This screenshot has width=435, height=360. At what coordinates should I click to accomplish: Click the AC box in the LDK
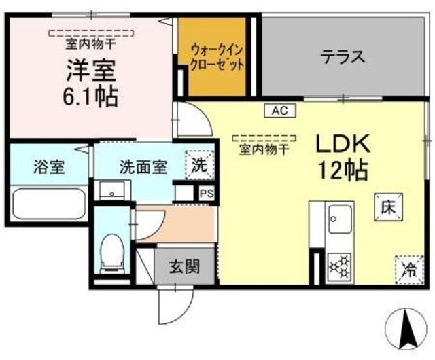(x=280, y=111)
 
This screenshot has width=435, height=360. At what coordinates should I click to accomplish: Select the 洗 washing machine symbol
(x=200, y=166)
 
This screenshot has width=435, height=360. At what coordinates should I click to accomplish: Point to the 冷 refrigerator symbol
(x=409, y=270)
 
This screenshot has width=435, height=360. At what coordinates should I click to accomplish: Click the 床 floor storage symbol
(x=388, y=207)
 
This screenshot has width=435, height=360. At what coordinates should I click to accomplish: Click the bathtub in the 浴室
(x=48, y=203)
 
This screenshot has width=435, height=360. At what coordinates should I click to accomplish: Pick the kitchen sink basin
(x=340, y=219)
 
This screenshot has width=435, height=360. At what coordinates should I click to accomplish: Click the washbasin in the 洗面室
(x=112, y=190)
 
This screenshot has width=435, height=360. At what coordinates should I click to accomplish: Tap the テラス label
(x=343, y=56)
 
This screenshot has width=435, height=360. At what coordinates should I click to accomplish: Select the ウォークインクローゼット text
(x=217, y=58)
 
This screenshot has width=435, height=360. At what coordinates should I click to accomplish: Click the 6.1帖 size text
(x=90, y=96)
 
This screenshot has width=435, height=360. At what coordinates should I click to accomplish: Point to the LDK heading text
(x=343, y=143)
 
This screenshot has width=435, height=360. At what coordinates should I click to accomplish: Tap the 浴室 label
(x=49, y=167)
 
